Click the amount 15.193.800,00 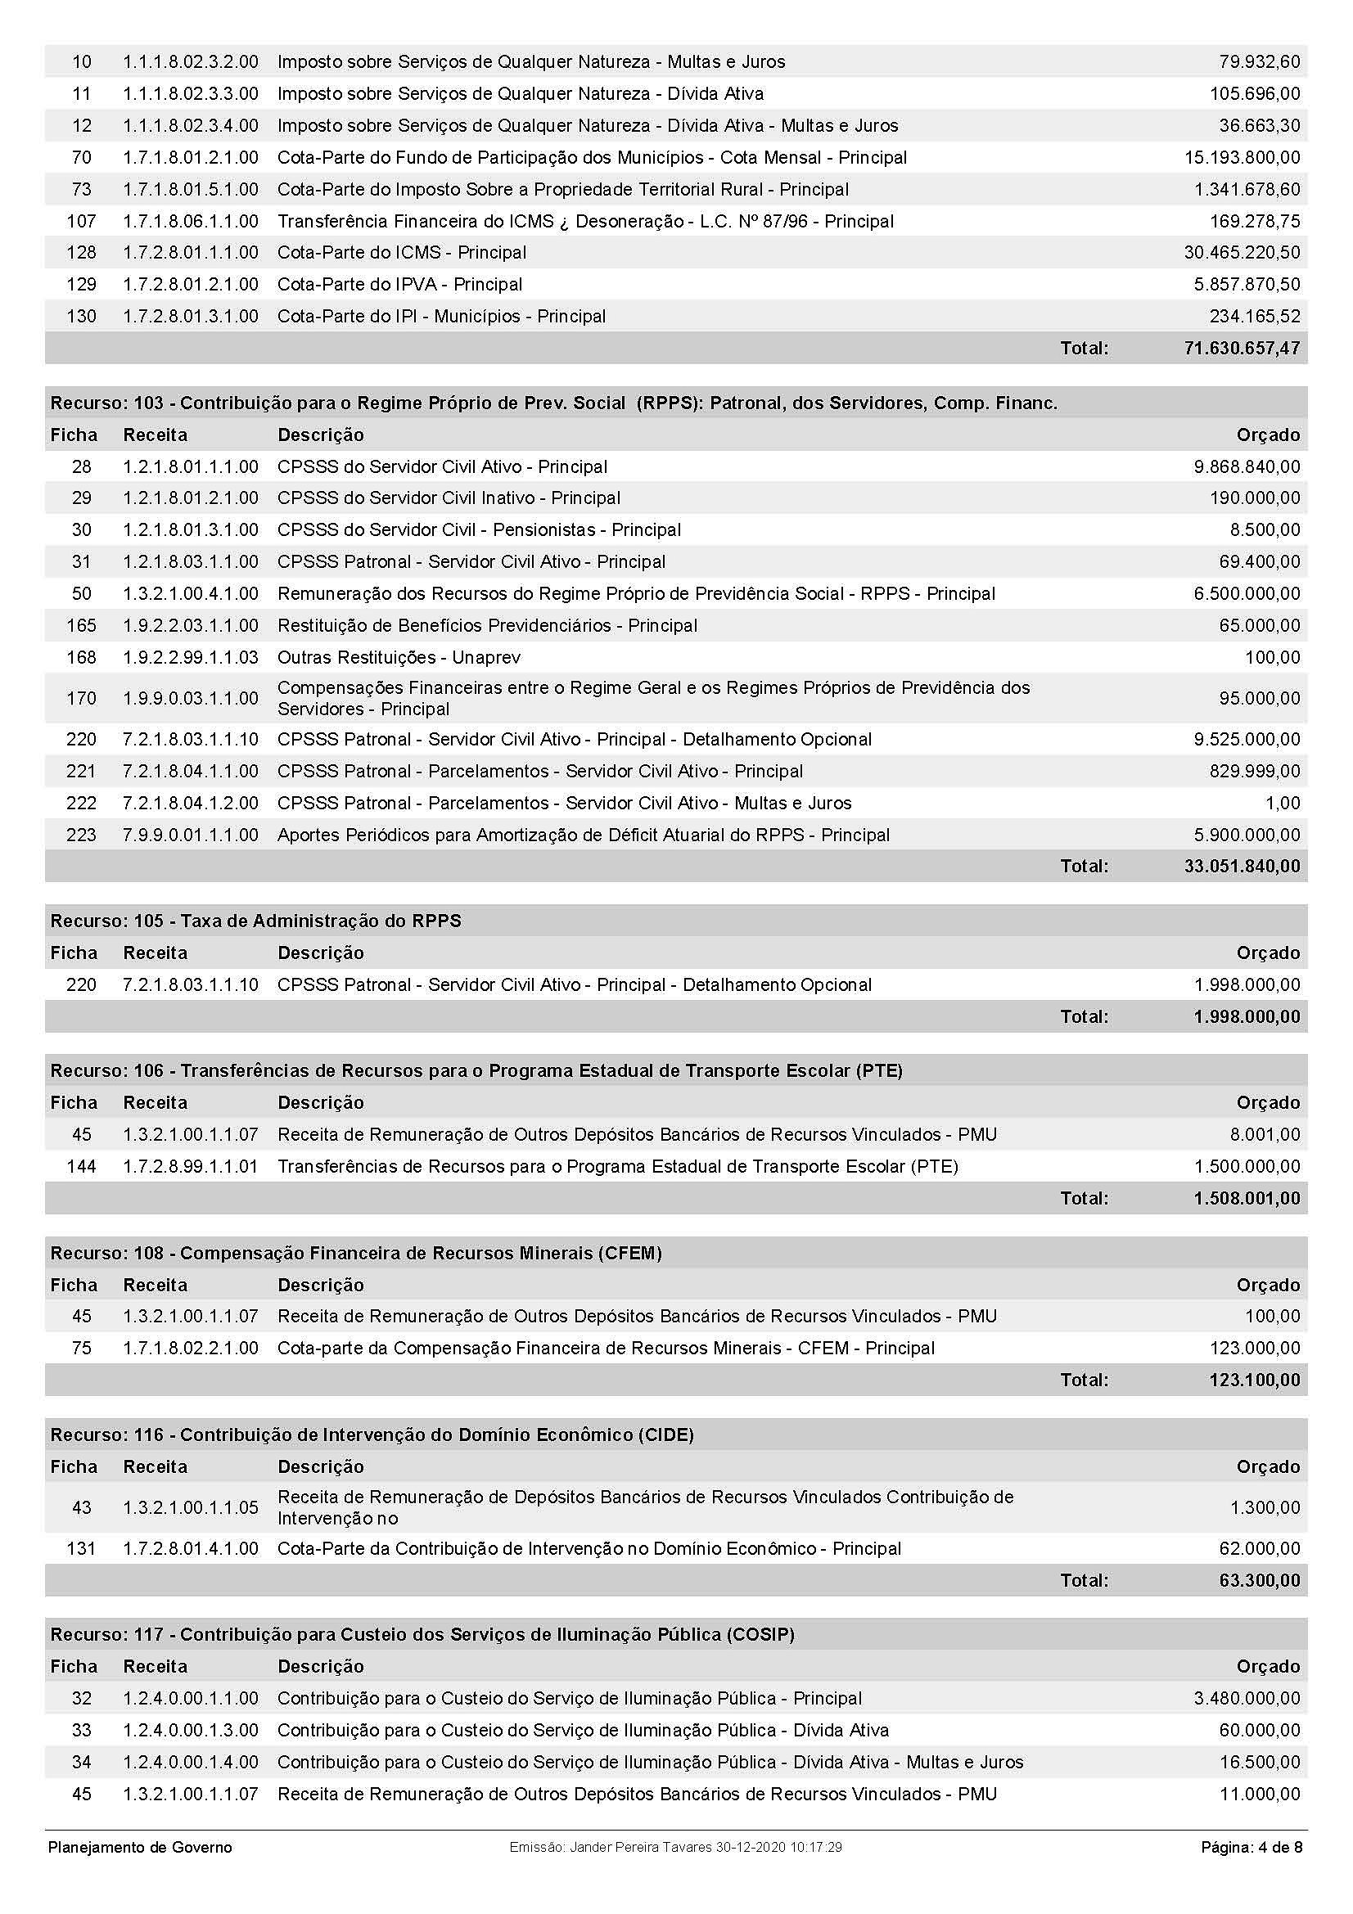pos(1242,158)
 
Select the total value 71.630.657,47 pos(1242,349)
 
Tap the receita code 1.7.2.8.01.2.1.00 pos(190,284)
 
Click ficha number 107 pos(81,222)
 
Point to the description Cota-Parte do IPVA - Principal pos(399,284)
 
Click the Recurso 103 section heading pos(553,403)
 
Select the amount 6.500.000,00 pos(1247,593)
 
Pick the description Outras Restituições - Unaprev pos(399,658)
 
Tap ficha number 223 pos(81,835)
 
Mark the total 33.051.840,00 pos(1242,866)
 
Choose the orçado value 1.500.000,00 pos(1247,1166)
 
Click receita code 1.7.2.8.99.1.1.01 pos(190,1166)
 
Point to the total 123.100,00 pos(1254,1380)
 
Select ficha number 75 pos(81,1348)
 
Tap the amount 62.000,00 pos(1259,1549)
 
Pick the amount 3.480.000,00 pos(1247,1698)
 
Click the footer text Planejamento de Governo pos(140,1848)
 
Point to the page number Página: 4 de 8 pos(1251,1848)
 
